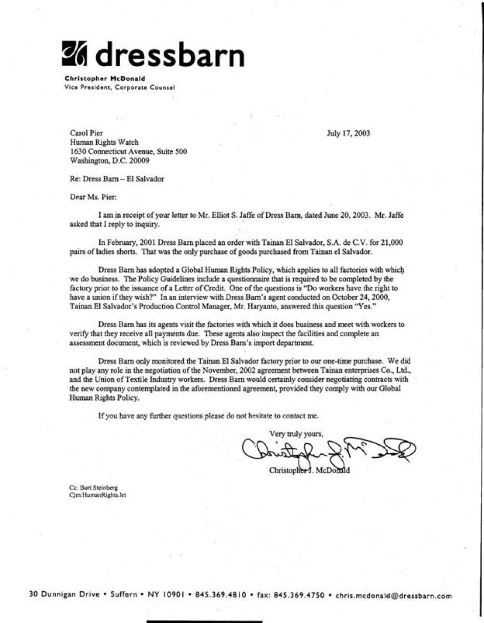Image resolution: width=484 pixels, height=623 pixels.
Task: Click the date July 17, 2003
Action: pyautogui.click(x=348, y=134)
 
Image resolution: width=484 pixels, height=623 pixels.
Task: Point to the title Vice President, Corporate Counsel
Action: pyautogui.click(x=120, y=87)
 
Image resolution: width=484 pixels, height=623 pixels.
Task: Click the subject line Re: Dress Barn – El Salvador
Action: pyautogui.click(x=117, y=179)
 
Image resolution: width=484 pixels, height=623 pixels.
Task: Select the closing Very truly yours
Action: pyautogui.click(x=296, y=434)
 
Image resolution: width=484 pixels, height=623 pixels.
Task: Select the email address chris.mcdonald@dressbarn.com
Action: pyautogui.click(x=393, y=595)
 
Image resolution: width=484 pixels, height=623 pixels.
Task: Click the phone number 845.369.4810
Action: pyautogui.click(x=221, y=595)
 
